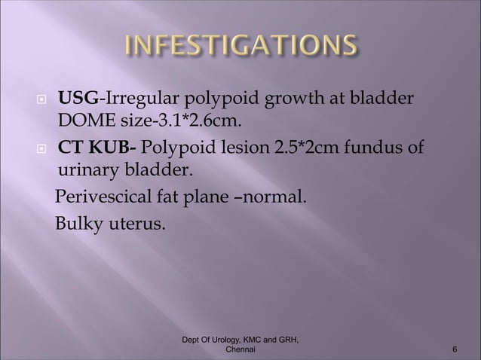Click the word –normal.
277,199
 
